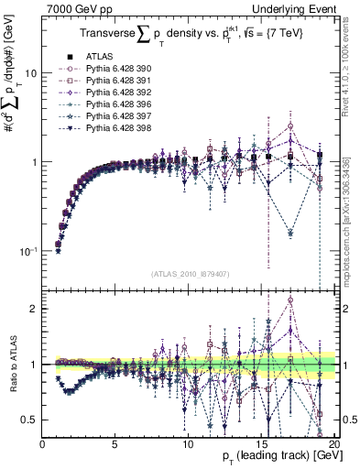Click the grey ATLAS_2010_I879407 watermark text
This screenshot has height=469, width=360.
click(189, 274)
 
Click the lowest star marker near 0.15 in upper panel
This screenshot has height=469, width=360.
click(290, 234)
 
